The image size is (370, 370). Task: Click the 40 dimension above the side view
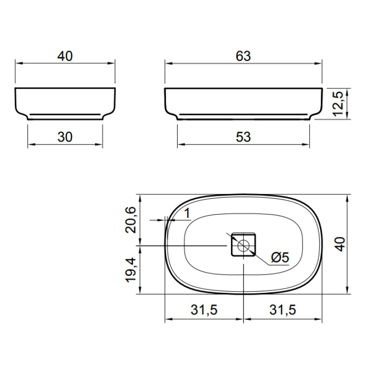[65, 56]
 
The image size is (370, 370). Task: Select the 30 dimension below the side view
[65, 137]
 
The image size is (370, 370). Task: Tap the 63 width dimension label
[243, 56]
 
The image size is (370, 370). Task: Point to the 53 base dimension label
[243, 137]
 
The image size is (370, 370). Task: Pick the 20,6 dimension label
[131, 220]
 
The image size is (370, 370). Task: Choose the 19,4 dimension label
[131, 270]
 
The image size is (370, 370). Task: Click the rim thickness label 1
[187, 213]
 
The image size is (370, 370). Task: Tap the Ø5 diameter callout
[280, 257]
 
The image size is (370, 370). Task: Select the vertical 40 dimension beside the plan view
[340, 244]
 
